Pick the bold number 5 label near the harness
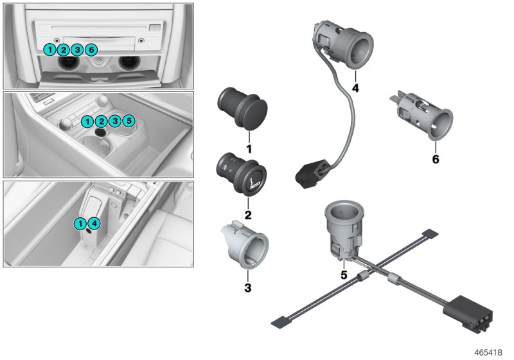pos(344,274)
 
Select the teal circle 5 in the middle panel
pos(128,121)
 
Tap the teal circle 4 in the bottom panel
pos(93,224)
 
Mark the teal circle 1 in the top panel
pos(50,50)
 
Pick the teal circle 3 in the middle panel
pos(115,121)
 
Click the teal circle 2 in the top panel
pos(63,50)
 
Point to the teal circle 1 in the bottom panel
pos(80,224)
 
